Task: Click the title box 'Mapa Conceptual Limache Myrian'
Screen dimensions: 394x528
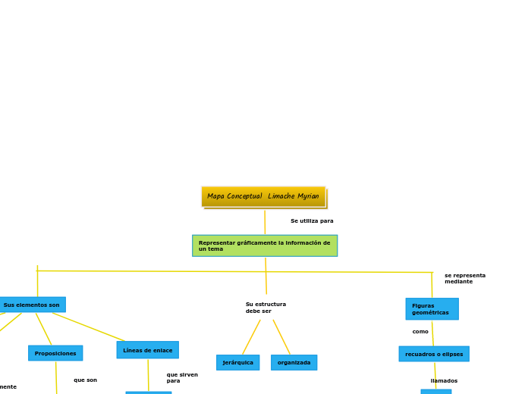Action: [x=262, y=196]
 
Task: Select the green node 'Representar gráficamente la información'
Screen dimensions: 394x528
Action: [x=264, y=245]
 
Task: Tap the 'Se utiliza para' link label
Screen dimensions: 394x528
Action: [x=312, y=221]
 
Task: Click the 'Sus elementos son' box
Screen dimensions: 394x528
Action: [x=32, y=305]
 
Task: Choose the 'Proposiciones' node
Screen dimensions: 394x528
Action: [x=55, y=353]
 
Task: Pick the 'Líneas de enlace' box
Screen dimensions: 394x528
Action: [x=147, y=350]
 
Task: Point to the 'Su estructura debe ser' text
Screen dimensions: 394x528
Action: [x=266, y=308]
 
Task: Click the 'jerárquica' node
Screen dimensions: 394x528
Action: [x=237, y=362]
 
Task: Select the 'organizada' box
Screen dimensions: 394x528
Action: [x=294, y=362]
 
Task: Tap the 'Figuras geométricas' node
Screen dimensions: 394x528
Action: [x=431, y=309]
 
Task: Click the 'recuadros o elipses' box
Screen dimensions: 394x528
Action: [x=433, y=354]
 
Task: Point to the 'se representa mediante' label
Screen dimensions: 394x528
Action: [x=464, y=278]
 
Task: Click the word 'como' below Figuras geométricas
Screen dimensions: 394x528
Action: [x=420, y=332]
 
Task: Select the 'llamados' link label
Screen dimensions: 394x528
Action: [x=444, y=381]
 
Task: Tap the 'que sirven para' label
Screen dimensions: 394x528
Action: [x=182, y=377]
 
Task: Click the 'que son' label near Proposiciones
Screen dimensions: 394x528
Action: [x=85, y=380]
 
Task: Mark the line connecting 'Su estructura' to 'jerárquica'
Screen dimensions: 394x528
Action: [x=251, y=337]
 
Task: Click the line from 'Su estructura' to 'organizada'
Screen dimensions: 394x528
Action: [x=281, y=337]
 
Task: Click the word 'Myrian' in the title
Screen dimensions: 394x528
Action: [x=307, y=196]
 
